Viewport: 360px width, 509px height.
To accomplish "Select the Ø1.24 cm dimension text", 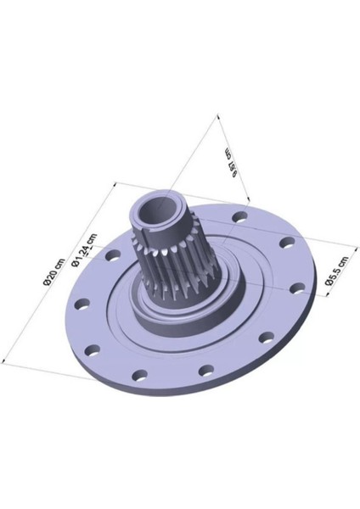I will (x=86, y=250).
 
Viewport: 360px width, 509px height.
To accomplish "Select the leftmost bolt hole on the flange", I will (x=82, y=304).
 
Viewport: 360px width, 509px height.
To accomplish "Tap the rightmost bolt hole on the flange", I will (x=296, y=288).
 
